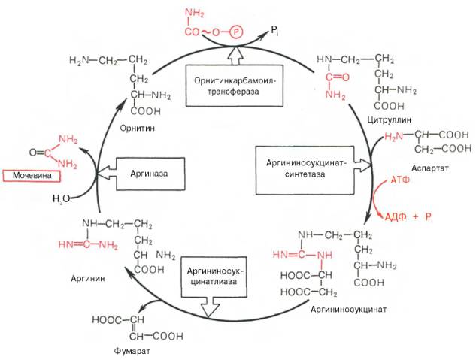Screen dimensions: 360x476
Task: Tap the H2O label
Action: click(x=62, y=200)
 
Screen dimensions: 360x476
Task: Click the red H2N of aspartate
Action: click(x=396, y=137)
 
